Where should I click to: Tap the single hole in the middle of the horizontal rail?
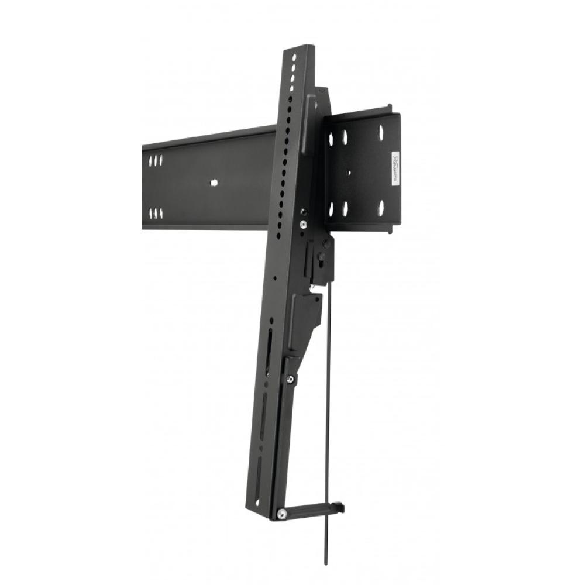coord(214,183)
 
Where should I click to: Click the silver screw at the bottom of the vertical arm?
coord(282,514)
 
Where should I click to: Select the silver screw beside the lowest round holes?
coord(303,223)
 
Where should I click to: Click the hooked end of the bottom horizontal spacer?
coord(338,508)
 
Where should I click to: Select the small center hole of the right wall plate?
coord(349,173)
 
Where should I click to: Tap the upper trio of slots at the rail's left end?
coord(156,160)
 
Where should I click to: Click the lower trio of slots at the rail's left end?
coord(156,213)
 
